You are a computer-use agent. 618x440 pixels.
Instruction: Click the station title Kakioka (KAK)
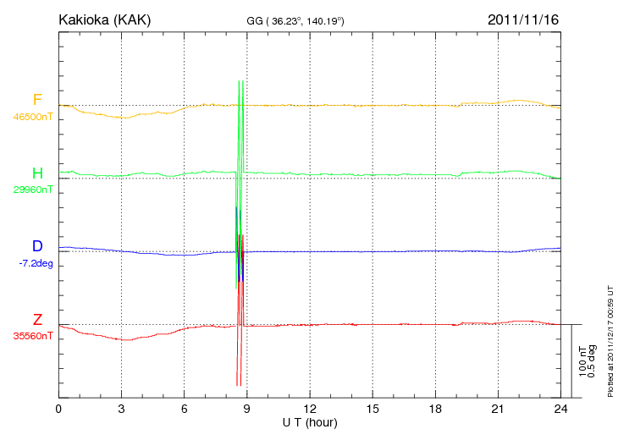coord(105,19)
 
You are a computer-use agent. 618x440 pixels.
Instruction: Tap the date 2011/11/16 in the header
coord(523,19)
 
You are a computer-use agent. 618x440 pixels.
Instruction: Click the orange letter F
coord(37,100)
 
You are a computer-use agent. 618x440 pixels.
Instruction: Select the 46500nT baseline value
coord(32,117)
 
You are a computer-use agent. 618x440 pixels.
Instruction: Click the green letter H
coord(37,173)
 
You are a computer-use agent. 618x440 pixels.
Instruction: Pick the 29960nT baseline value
coord(32,190)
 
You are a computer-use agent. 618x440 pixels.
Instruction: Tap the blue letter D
coord(37,246)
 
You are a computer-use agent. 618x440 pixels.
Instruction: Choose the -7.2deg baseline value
coord(35,263)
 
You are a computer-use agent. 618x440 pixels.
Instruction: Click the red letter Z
coord(37,320)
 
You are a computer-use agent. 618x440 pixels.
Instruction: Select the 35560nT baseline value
coord(32,336)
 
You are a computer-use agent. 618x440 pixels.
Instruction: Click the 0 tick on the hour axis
coord(58,410)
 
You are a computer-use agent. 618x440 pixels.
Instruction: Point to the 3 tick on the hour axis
coord(122,410)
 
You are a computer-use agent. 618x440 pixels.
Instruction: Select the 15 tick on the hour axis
coord(372,410)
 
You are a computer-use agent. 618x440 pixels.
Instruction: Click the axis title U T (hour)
coord(310,421)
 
